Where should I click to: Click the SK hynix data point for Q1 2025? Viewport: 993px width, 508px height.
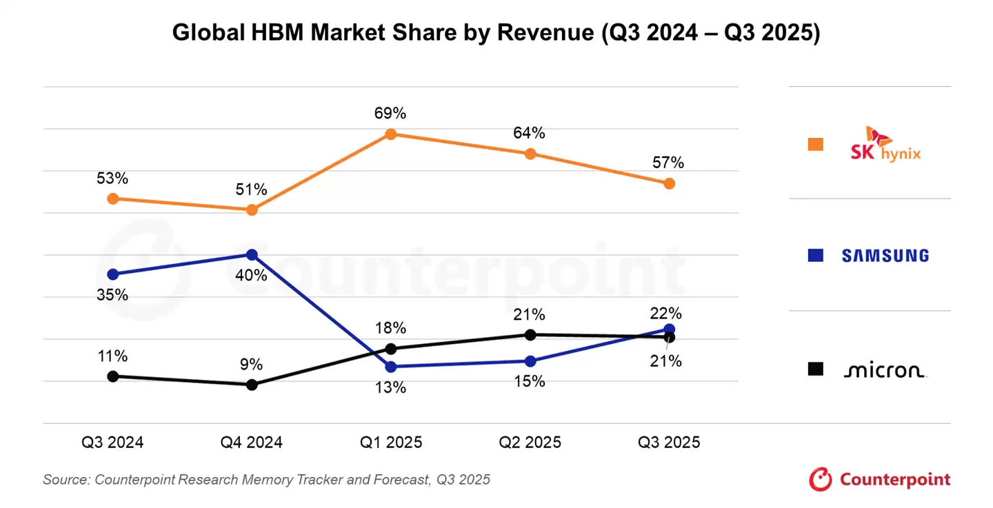point(390,134)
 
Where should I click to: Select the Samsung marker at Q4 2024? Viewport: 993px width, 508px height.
point(252,255)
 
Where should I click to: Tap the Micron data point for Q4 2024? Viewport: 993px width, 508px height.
point(252,385)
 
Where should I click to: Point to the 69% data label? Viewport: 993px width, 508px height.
point(390,113)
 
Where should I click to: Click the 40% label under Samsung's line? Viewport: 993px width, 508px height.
point(251,276)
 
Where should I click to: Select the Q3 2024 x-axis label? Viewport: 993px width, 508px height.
point(112,443)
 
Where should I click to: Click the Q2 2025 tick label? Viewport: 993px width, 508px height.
point(530,443)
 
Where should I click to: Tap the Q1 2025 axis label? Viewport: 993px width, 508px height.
point(390,443)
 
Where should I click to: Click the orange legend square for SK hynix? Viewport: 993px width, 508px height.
point(816,144)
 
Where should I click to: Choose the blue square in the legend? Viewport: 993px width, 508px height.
point(816,256)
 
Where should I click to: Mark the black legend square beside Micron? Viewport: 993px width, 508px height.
point(816,369)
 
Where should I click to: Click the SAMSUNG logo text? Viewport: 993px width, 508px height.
point(885,256)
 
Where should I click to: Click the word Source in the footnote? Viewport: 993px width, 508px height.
point(66,480)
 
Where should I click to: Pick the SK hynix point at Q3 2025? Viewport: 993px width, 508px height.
point(669,183)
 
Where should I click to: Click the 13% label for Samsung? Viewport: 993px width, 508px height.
point(390,388)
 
